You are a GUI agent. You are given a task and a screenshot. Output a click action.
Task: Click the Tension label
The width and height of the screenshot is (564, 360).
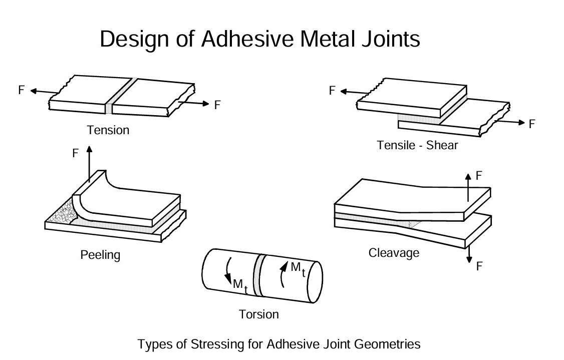pyautogui.click(x=108, y=130)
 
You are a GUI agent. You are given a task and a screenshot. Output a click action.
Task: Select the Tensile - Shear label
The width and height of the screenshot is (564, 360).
pyautogui.click(x=417, y=146)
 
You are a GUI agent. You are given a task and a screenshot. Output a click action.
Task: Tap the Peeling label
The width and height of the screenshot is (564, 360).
pyautogui.click(x=100, y=255)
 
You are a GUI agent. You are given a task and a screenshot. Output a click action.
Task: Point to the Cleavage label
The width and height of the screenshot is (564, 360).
pyautogui.click(x=394, y=253)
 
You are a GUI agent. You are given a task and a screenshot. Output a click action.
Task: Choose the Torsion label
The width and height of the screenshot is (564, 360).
pyautogui.click(x=258, y=314)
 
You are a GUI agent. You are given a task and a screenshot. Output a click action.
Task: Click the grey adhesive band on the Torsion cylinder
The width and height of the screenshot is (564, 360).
pyautogui.click(x=258, y=275)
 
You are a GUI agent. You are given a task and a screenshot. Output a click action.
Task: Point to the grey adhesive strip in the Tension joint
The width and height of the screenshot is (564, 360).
pyautogui.click(x=109, y=108)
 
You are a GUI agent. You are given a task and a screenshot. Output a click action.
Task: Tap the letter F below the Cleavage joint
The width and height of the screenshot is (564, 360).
pyautogui.click(x=479, y=266)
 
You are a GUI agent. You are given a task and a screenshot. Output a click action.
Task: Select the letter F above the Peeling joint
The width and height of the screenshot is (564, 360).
pyautogui.click(x=76, y=153)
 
